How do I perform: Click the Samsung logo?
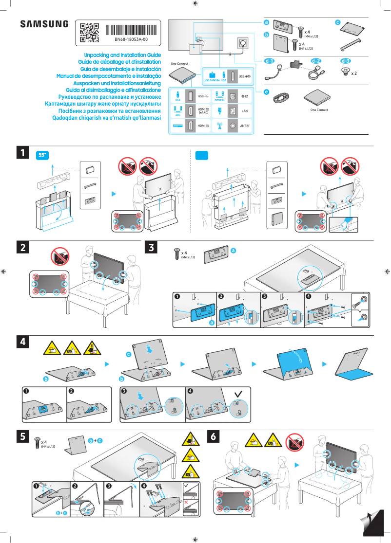[x=44, y=24]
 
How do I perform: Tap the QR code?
[x=89, y=31]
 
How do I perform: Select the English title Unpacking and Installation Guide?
[x=122, y=55]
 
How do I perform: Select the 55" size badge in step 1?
[x=43, y=155]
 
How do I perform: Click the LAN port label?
[x=245, y=111]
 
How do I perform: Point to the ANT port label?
[x=245, y=126]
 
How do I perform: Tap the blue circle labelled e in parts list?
[x=266, y=91]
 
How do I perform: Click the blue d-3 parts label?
[x=345, y=61]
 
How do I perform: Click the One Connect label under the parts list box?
[x=319, y=110]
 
